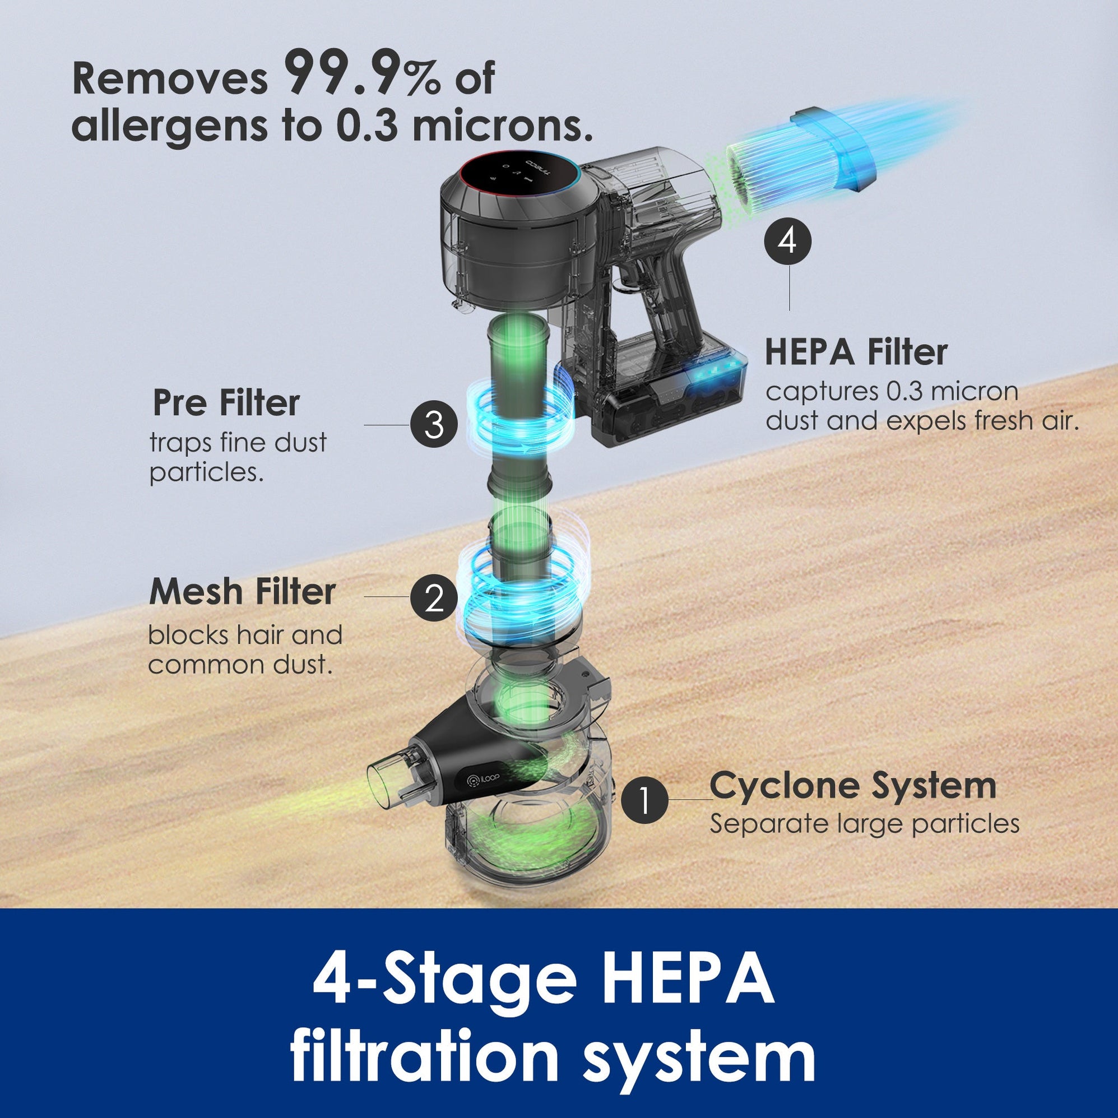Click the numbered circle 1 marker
644,800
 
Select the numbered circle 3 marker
434,425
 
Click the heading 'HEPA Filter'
856,352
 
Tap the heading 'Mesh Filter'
242,592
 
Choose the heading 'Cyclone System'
853,786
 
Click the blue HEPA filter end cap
833,148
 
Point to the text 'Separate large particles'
865,824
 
